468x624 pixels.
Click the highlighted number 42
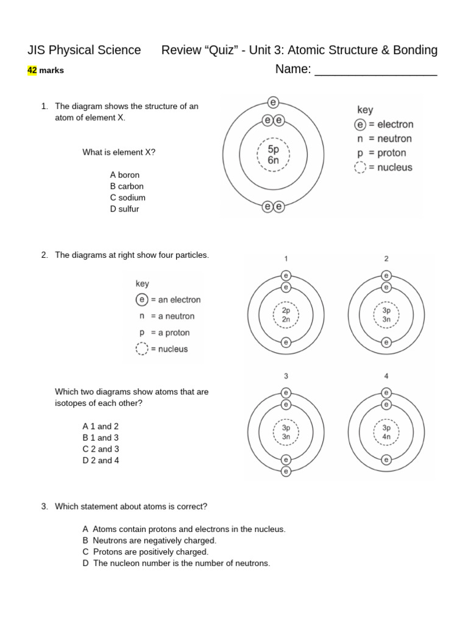[32, 70]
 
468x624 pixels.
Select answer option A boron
[125, 175]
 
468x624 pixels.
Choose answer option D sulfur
[124, 209]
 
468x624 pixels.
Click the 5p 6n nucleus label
[274, 154]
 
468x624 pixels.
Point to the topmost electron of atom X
[273, 103]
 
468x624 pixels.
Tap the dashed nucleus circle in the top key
[361, 168]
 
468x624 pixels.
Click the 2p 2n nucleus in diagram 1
[286, 314]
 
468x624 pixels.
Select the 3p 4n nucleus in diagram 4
[386, 432]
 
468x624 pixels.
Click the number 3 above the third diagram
[286, 376]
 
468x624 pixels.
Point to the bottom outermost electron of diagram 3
[286, 471]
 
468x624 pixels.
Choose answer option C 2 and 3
[101, 449]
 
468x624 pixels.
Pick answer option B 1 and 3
[101, 438]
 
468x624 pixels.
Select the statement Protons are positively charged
[151, 551]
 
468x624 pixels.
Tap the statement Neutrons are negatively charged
[154, 541]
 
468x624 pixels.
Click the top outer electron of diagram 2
[386, 275]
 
